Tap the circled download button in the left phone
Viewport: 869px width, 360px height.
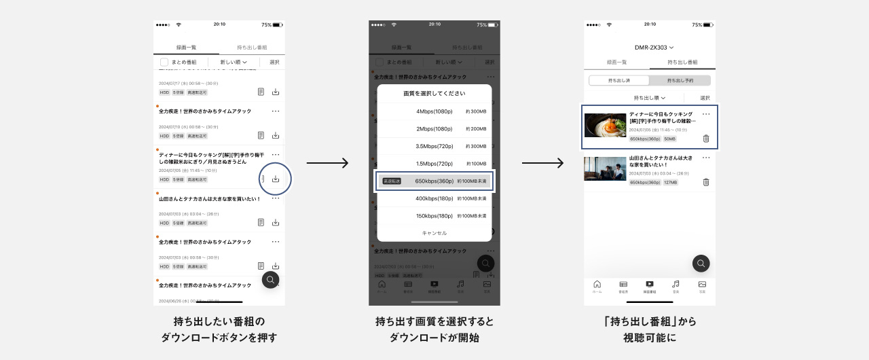pyautogui.click(x=276, y=179)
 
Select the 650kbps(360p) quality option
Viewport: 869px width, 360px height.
pyautogui.click(x=434, y=181)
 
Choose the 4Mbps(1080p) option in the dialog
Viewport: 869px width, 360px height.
pyautogui.click(x=434, y=111)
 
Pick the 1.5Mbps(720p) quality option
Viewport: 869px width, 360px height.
pyautogui.click(x=434, y=164)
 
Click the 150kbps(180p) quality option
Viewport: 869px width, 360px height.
pyautogui.click(x=434, y=216)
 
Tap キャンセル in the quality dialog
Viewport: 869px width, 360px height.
pyautogui.click(x=434, y=233)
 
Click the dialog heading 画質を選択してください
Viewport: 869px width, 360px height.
pyautogui.click(x=434, y=93)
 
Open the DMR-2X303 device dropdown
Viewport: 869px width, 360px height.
pyautogui.click(x=654, y=48)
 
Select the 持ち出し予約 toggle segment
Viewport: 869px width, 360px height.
pyautogui.click(x=680, y=80)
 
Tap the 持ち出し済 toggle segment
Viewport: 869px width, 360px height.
pyautogui.click(x=619, y=80)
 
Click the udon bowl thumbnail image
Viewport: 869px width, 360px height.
pyautogui.click(x=605, y=126)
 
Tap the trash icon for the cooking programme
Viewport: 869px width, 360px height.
pyautogui.click(x=706, y=139)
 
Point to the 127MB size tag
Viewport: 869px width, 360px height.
pyautogui.click(x=669, y=182)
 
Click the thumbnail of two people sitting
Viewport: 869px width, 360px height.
pyautogui.click(x=605, y=168)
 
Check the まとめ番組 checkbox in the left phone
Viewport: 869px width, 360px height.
pyautogui.click(x=164, y=62)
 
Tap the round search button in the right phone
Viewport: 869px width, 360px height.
pyautogui.click(x=701, y=264)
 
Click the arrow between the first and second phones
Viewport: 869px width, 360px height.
pyautogui.click(x=327, y=163)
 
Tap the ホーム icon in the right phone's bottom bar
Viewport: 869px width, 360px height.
pyautogui.click(x=597, y=285)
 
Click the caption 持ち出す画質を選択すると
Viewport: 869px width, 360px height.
pyautogui.click(x=434, y=321)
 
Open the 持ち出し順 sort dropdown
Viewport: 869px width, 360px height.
pyautogui.click(x=649, y=98)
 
